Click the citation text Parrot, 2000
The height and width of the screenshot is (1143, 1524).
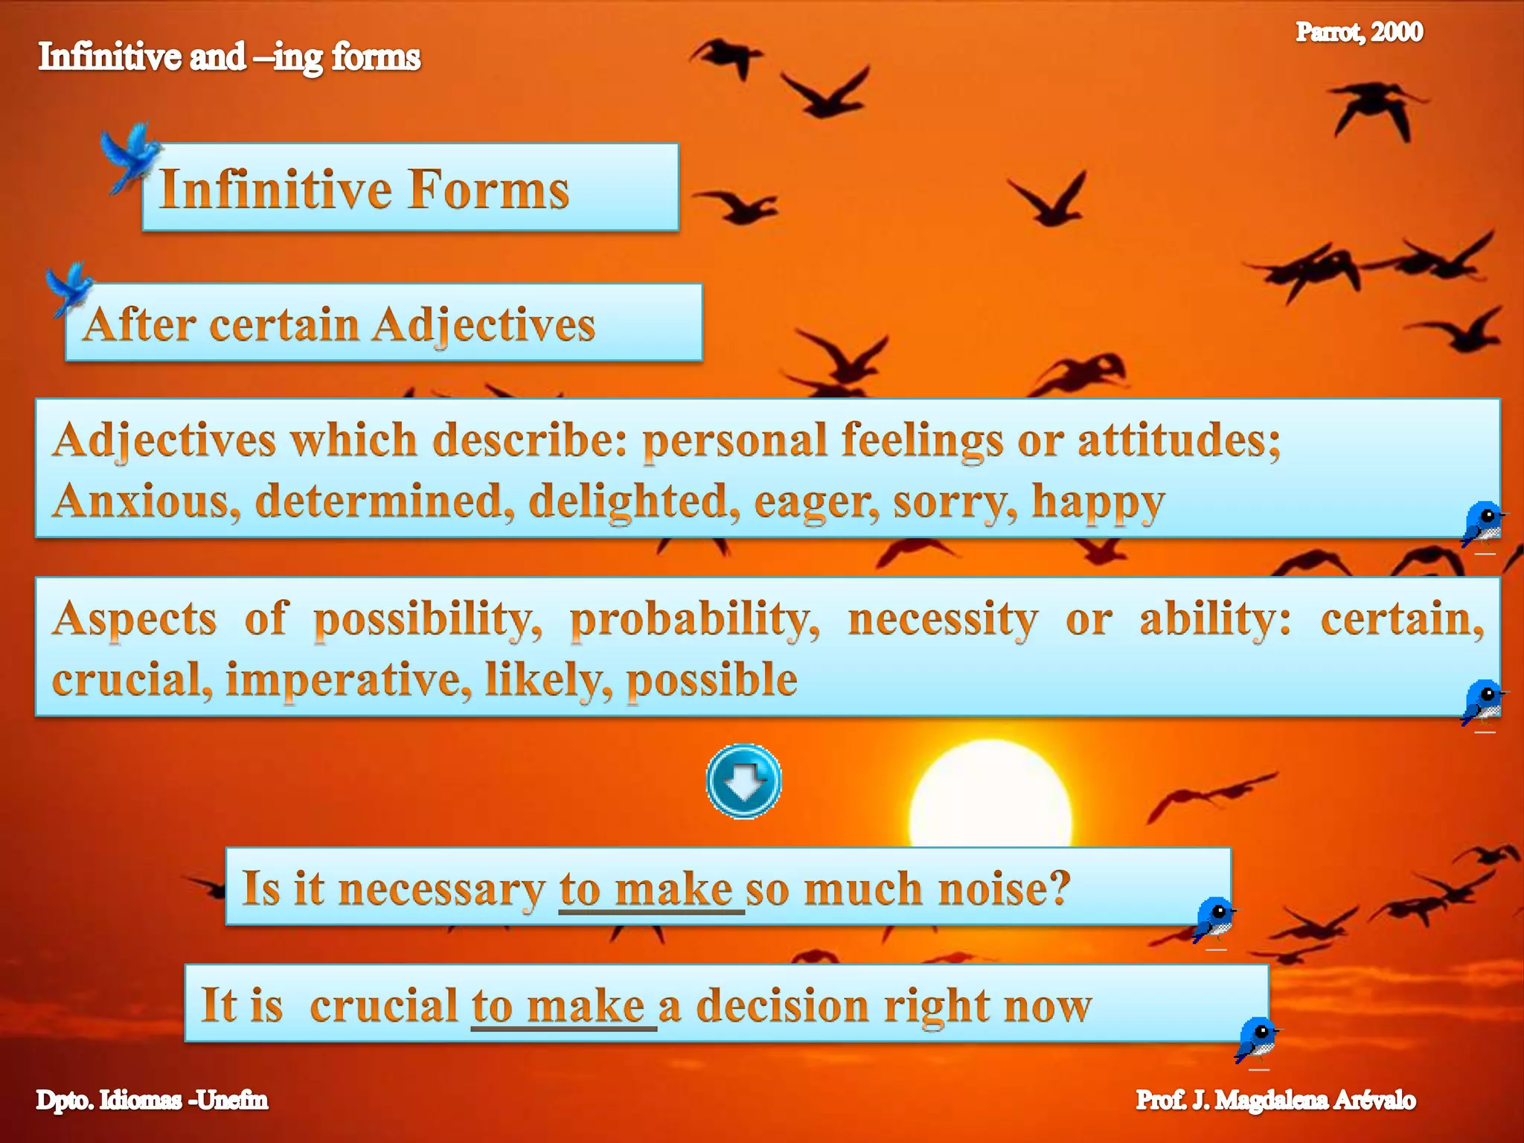[x=1359, y=32]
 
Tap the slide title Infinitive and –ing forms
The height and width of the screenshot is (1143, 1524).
[x=229, y=57]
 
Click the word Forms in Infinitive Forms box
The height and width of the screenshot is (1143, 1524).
[x=489, y=189]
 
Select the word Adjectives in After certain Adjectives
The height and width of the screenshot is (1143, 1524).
[x=484, y=325]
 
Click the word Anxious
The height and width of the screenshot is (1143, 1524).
[x=146, y=501]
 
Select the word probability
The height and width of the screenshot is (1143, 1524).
[x=694, y=619]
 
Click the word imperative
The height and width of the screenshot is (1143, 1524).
[x=348, y=679]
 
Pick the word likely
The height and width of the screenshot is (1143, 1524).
[x=549, y=679]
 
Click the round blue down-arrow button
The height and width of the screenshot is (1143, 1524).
[x=743, y=781]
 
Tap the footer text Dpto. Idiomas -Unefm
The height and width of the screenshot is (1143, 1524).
[x=152, y=1100]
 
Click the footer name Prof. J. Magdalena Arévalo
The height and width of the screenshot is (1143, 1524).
[x=1275, y=1100]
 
